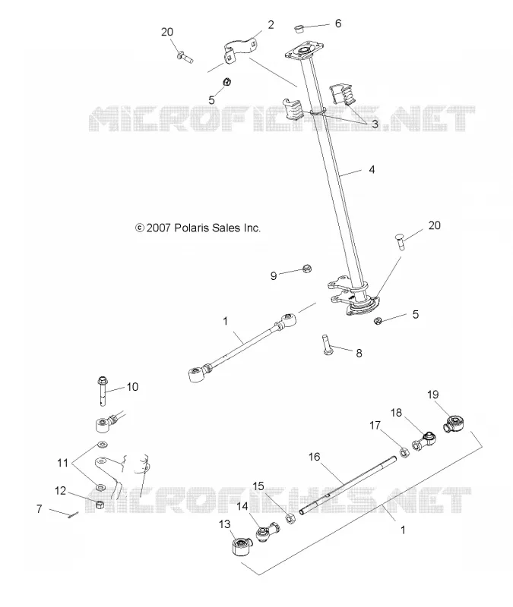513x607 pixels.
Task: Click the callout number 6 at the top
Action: click(338, 24)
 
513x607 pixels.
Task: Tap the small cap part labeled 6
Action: click(298, 29)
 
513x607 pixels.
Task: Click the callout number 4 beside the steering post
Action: click(372, 169)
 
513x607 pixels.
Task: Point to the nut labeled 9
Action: click(307, 269)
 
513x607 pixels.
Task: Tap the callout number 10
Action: click(132, 387)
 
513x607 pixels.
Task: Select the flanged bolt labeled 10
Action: click(103, 391)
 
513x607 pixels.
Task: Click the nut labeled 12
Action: click(100, 505)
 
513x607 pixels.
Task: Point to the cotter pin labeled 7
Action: click(73, 515)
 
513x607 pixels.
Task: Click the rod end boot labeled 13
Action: click(241, 546)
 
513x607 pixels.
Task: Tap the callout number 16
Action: click(315, 457)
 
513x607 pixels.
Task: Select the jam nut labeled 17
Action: click(404, 452)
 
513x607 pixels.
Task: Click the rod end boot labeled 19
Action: click(456, 423)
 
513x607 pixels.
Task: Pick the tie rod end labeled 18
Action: click(424, 441)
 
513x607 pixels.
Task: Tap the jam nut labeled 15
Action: click(290, 518)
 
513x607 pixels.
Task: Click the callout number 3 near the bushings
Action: click(375, 124)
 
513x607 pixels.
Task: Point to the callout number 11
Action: click(63, 463)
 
